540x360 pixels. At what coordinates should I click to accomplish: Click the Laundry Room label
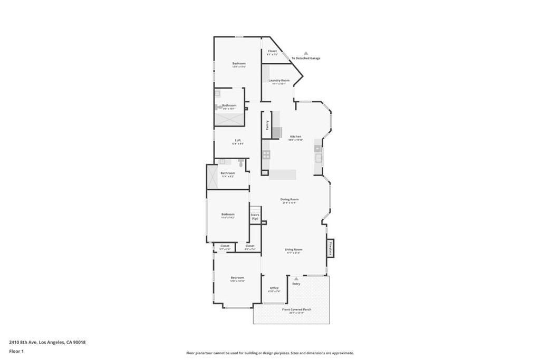pyautogui.click(x=278, y=81)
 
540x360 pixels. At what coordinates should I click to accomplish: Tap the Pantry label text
pyautogui.click(x=267, y=125)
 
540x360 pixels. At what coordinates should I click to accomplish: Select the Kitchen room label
pyautogui.click(x=295, y=137)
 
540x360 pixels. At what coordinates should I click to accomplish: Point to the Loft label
pyautogui.click(x=238, y=140)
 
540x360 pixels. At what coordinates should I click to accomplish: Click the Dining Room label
pyautogui.click(x=290, y=199)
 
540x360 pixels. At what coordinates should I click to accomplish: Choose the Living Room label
pyautogui.click(x=293, y=249)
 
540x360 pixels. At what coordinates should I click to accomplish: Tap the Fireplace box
pyautogui.click(x=331, y=248)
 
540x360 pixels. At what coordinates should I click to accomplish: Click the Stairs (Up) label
pyautogui.click(x=255, y=217)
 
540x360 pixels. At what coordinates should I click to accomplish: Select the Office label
pyautogui.click(x=274, y=288)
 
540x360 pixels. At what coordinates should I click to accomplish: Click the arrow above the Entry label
pyautogui.click(x=296, y=278)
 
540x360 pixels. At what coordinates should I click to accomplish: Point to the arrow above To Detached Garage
pyautogui.click(x=305, y=53)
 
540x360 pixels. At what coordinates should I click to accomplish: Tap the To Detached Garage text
pyautogui.click(x=306, y=59)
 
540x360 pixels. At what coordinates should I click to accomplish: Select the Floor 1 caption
pyautogui.click(x=17, y=351)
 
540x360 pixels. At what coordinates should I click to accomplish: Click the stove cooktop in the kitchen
pyautogui.click(x=266, y=154)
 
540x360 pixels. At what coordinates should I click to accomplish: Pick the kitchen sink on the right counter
pyautogui.click(x=318, y=157)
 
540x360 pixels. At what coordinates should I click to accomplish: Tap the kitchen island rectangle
pyautogui.click(x=283, y=174)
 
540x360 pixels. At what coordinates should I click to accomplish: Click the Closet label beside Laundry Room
pyautogui.click(x=272, y=51)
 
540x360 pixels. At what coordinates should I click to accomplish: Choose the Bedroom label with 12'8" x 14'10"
pyautogui.click(x=237, y=278)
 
